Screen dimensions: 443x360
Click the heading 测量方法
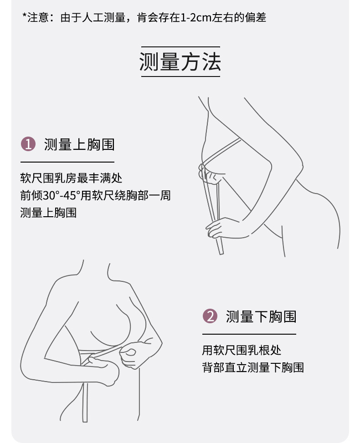180,62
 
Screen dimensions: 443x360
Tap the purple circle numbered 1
28,144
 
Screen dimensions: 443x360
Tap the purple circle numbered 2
210,316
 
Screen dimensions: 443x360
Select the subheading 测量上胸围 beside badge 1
79,144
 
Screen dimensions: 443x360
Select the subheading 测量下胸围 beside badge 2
261,316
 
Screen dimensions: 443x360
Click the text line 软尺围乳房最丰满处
72,178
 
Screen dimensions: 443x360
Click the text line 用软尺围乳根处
242,350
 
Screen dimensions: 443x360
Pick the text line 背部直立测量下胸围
253,367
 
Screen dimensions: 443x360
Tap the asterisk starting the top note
24,17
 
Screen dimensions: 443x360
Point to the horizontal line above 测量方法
180,46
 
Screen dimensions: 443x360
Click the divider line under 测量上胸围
67,162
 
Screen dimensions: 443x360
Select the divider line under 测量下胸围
249,334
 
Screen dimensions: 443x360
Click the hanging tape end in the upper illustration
221,250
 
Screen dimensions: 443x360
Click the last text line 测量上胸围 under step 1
48,212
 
